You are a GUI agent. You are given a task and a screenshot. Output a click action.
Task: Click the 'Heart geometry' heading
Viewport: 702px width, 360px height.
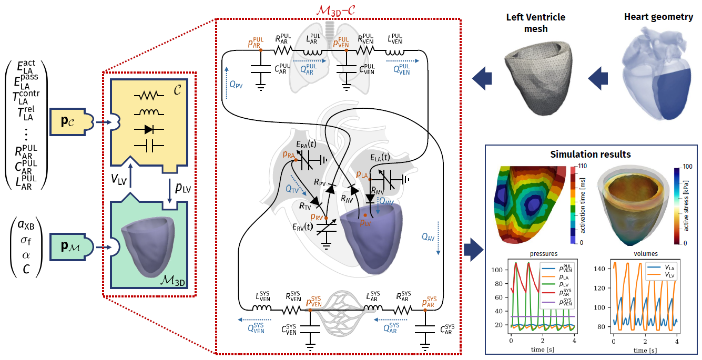point(658,17)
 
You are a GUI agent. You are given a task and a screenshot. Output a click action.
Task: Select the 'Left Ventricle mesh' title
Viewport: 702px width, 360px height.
point(535,23)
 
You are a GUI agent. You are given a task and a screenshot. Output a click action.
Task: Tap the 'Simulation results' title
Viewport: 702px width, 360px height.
point(590,155)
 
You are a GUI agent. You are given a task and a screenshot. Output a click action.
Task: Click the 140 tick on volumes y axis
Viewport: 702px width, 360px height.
point(604,269)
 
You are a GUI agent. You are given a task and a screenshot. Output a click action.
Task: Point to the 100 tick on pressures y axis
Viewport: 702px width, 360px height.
point(497,270)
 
